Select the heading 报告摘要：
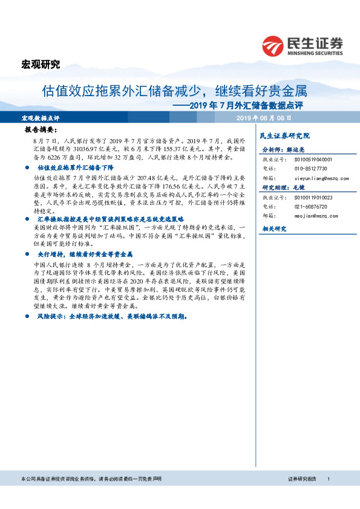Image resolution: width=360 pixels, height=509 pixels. (x=40, y=129)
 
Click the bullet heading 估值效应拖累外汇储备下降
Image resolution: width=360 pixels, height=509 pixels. (x=75, y=166)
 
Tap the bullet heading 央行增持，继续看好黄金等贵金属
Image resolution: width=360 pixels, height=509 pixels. (x=85, y=254)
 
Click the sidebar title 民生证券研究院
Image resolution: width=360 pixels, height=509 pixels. (x=284, y=135)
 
